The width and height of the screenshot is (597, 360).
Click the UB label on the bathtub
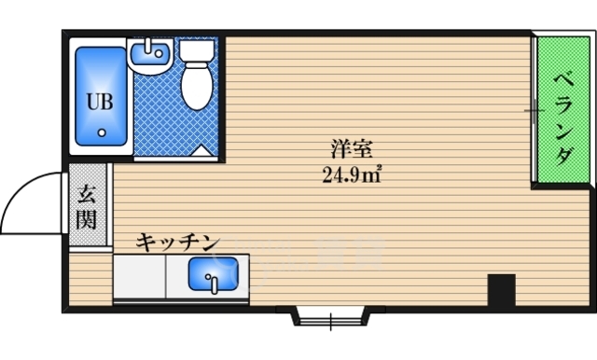point(100,102)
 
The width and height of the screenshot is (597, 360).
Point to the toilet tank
point(196,50)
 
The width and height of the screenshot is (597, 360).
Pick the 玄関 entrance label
point(87,207)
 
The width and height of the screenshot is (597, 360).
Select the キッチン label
point(177,242)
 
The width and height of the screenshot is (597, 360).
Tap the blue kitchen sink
point(213,275)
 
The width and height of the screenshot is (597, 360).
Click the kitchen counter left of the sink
point(140,275)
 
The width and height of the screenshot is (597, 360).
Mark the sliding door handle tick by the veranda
point(534,110)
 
